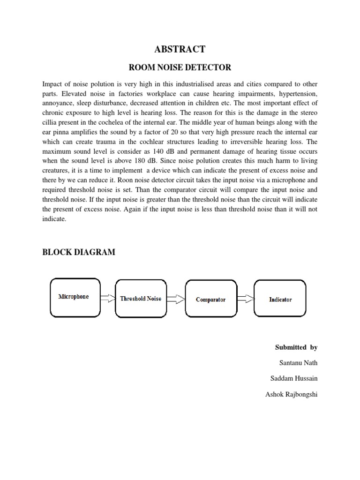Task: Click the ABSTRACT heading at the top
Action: [x=180, y=49]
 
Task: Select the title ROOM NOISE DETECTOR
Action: [x=180, y=67]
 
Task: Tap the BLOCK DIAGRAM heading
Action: [x=78, y=252]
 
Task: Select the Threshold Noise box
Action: [x=141, y=299]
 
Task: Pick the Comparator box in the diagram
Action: [x=210, y=300]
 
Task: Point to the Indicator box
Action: [x=280, y=299]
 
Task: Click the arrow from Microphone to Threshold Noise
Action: [x=108, y=298]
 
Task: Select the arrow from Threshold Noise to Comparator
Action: [x=177, y=299]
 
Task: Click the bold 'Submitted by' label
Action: [x=296, y=347]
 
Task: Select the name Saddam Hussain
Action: [x=294, y=378]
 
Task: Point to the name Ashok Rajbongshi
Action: [x=291, y=394]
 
